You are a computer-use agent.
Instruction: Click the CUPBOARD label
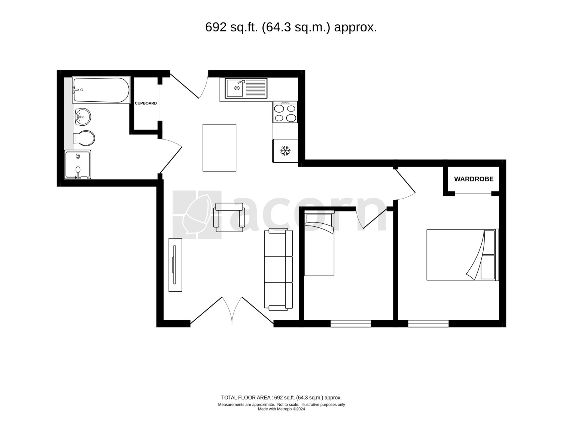[146, 103]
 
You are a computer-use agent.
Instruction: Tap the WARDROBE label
[474, 179]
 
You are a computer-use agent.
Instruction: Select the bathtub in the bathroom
[101, 90]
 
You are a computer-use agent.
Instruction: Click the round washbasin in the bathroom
[83, 117]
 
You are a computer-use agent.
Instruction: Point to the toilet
[84, 138]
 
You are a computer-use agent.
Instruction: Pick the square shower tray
[78, 164]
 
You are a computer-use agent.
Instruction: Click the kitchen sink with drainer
[246, 88]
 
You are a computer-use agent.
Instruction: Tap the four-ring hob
[285, 112]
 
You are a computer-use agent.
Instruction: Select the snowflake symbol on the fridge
[285, 151]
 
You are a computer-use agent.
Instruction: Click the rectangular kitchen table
[219, 148]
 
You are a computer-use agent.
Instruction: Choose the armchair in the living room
[229, 217]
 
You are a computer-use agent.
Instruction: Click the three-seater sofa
[279, 269]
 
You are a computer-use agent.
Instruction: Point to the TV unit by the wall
[175, 265]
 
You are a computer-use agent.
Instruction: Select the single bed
[319, 243]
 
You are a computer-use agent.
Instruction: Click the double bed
[463, 255]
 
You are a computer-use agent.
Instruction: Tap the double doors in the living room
[232, 310]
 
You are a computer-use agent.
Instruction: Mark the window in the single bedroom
[351, 324]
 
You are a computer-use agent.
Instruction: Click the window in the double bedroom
[428, 324]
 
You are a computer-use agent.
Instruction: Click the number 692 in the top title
[216, 27]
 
